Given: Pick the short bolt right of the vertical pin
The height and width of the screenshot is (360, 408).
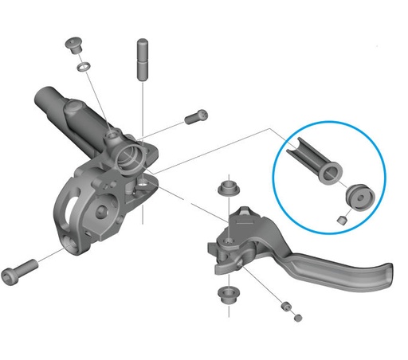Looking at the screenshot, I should pyautogui.click(x=196, y=117).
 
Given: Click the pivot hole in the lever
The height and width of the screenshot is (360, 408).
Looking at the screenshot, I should pyautogui.click(x=229, y=240).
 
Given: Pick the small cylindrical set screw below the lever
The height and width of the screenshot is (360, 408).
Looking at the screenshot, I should pyautogui.click(x=284, y=307).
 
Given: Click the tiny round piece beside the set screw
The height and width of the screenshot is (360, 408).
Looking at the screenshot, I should pyautogui.click(x=299, y=318).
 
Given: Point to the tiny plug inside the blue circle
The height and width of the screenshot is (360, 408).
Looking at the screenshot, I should pyautogui.click(x=340, y=220).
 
